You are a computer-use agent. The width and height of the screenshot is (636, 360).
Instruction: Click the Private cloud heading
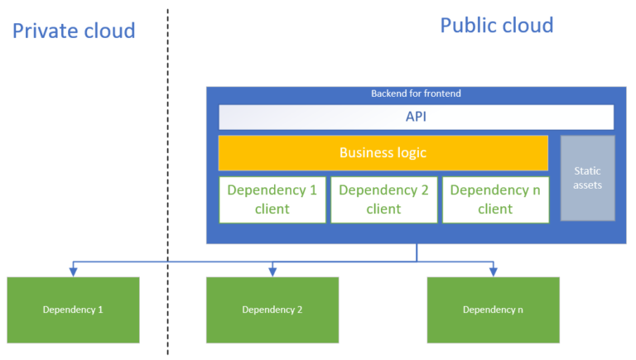[74, 31]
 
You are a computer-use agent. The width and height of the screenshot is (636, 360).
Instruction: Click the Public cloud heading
[496, 25]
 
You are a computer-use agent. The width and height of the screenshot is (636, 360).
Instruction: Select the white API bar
[416, 117]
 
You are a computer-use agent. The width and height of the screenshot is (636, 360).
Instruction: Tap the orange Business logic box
[383, 153]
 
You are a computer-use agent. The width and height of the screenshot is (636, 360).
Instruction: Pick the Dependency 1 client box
[272, 199]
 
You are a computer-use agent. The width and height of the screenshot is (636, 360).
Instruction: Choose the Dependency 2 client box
[383, 199]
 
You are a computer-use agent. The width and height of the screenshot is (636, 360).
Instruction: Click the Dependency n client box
[495, 199]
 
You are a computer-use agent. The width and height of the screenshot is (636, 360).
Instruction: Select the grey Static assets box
[587, 178]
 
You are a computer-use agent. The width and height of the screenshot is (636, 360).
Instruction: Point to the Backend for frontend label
[416, 94]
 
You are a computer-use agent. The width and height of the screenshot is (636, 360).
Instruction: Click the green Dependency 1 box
[73, 310]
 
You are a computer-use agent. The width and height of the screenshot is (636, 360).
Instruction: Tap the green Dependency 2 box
[272, 310]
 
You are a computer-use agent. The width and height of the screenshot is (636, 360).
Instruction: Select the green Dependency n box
[493, 310]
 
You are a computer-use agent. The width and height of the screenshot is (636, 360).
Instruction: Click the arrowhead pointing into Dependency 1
[73, 271]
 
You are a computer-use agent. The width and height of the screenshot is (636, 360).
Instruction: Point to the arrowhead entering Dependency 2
[272, 271]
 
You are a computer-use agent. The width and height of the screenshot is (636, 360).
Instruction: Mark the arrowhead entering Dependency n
[494, 271]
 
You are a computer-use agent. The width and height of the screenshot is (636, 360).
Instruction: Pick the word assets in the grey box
[587, 185]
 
